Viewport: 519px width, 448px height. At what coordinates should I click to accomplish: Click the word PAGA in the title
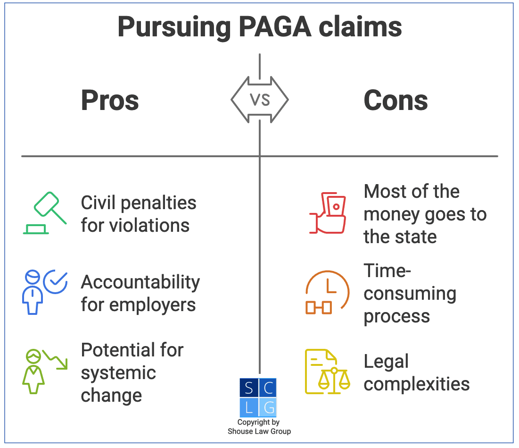tap(275, 27)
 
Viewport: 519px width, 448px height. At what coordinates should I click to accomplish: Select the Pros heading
tap(110, 101)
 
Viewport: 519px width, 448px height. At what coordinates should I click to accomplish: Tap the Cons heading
tap(395, 101)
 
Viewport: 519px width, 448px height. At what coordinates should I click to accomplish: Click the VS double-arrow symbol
tap(260, 100)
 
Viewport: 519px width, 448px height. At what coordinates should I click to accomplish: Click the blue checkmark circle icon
tap(56, 282)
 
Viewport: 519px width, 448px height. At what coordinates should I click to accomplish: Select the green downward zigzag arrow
tap(55, 360)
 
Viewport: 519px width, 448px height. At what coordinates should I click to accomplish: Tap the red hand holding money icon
tap(328, 213)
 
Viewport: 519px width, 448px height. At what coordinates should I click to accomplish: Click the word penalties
tap(158, 203)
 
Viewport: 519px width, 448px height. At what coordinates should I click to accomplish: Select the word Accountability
tap(140, 283)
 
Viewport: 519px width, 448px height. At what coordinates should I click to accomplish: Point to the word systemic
tap(118, 373)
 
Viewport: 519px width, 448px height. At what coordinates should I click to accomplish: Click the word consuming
tap(410, 294)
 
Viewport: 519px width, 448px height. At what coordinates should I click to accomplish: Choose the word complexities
tap(417, 384)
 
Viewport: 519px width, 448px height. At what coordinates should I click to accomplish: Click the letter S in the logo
tap(249, 388)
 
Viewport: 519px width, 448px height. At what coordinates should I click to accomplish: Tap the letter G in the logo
tap(269, 407)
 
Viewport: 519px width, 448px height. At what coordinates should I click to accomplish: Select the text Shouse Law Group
tap(259, 431)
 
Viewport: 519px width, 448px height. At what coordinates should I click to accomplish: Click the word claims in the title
tap(361, 27)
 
